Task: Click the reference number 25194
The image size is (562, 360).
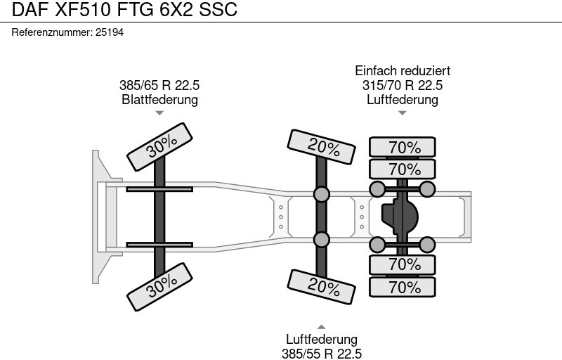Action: coord(109,32)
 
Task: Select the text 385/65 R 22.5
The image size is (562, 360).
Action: coord(159,85)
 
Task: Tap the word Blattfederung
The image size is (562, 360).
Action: coord(159,99)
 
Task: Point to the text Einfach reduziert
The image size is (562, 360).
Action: coord(403,71)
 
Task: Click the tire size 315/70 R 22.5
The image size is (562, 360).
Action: coord(403,85)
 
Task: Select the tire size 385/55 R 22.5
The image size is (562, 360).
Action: coord(322,354)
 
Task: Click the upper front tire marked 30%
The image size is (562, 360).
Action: coord(161,146)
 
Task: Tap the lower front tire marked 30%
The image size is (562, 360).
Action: coord(161,283)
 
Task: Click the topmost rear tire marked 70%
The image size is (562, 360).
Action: coord(403,148)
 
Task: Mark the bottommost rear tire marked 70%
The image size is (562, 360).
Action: coord(403,287)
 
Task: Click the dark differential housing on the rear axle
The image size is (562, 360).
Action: coord(400,214)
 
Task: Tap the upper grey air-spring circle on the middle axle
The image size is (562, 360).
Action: coord(321,193)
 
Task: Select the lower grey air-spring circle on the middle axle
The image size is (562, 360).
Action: coord(321,240)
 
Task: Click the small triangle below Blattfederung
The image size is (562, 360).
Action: coord(159,112)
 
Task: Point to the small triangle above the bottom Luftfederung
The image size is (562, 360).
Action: coord(322,326)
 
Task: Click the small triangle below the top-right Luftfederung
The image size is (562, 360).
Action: coord(403,112)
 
